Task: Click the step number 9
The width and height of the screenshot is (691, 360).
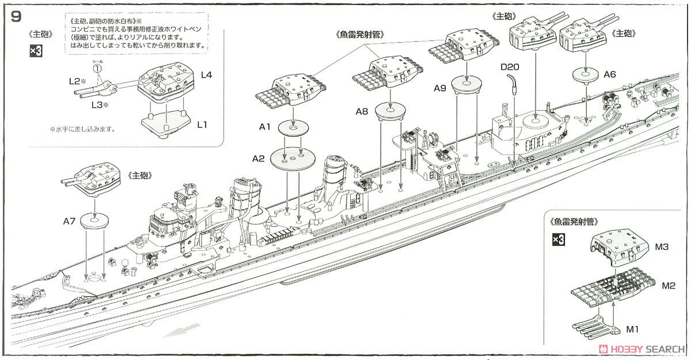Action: [16, 16]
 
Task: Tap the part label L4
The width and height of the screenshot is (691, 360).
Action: [206, 74]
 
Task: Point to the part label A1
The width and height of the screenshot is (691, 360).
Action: [265, 128]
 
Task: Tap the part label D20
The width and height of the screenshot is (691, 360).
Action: [510, 67]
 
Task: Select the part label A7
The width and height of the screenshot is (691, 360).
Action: [70, 220]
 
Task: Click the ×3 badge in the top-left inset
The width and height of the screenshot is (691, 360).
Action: [36, 52]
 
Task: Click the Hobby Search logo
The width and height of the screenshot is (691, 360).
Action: [641, 349]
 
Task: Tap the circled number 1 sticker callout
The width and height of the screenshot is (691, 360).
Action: [98, 69]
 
